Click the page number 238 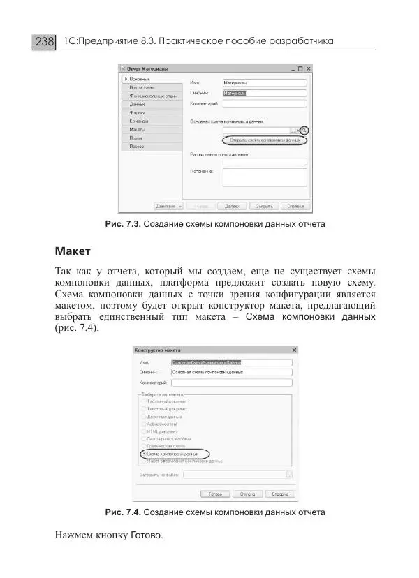point(44,42)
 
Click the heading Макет point(73,249)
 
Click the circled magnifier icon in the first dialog point(304,131)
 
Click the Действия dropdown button point(168,206)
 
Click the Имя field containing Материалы point(264,82)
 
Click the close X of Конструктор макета point(294,350)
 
